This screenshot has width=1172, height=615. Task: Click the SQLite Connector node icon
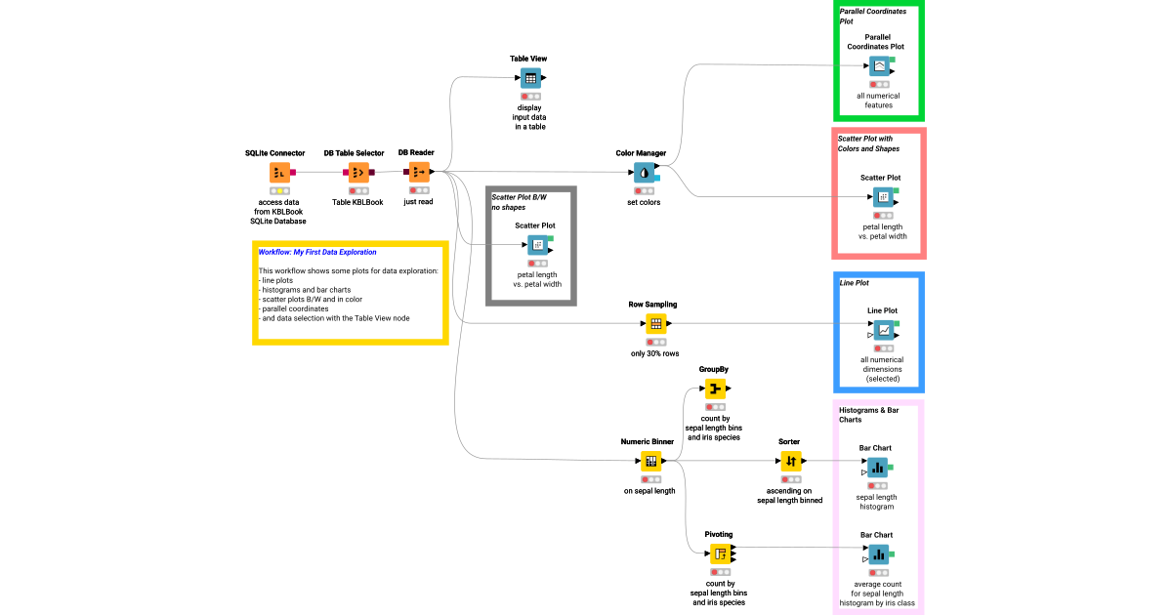point(280,172)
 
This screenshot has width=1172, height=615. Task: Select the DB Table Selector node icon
point(358,172)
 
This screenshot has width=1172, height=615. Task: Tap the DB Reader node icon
point(418,172)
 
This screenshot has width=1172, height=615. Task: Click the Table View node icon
point(530,78)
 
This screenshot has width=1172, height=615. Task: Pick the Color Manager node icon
point(645,172)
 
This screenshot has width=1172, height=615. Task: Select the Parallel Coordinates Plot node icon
point(879,66)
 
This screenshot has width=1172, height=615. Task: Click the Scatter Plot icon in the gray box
point(538,244)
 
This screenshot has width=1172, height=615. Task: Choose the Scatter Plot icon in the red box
point(882,197)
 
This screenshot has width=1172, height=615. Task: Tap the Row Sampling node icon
point(656,323)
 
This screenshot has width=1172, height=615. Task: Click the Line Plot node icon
point(883,330)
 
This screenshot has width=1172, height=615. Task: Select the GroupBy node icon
point(716,389)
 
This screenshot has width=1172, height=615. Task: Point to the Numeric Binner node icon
point(651,461)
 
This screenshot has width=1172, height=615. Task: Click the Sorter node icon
point(791,461)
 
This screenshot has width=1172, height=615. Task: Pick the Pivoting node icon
point(721,554)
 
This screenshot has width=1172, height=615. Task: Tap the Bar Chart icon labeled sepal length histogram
point(878,468)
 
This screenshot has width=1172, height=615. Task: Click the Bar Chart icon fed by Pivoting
point(878,554)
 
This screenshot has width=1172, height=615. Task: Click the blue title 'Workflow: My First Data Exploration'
point(317,252)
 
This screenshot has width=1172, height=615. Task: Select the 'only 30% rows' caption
point(655,352)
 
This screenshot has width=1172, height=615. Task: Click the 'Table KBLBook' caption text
point(357,202)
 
